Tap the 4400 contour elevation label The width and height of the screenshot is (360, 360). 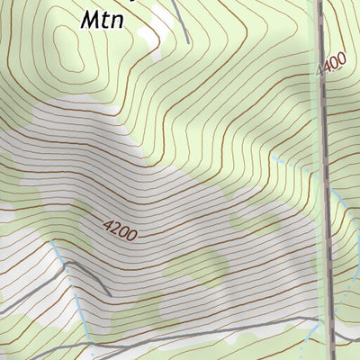pyautogui.click(x=331, y=64)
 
